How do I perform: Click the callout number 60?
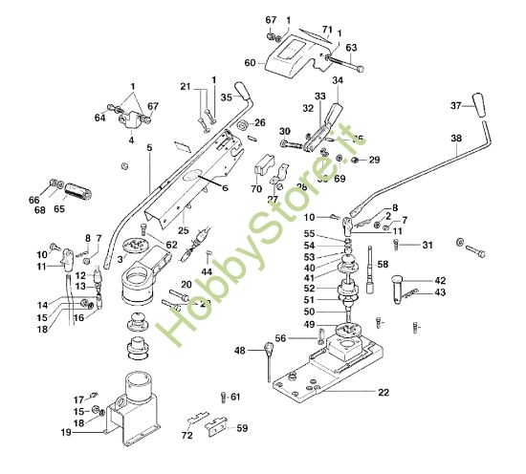[x=251, y=63]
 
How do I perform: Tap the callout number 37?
[x=456, y=105]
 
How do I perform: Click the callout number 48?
[x=240, y=351]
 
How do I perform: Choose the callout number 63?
[x=351, y=47]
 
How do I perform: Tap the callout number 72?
[x=187, y=435]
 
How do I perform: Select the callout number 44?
[x=207, y=272]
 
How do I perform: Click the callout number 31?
[x=427, y=246]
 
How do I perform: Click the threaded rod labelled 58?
[x=367, y=268]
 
